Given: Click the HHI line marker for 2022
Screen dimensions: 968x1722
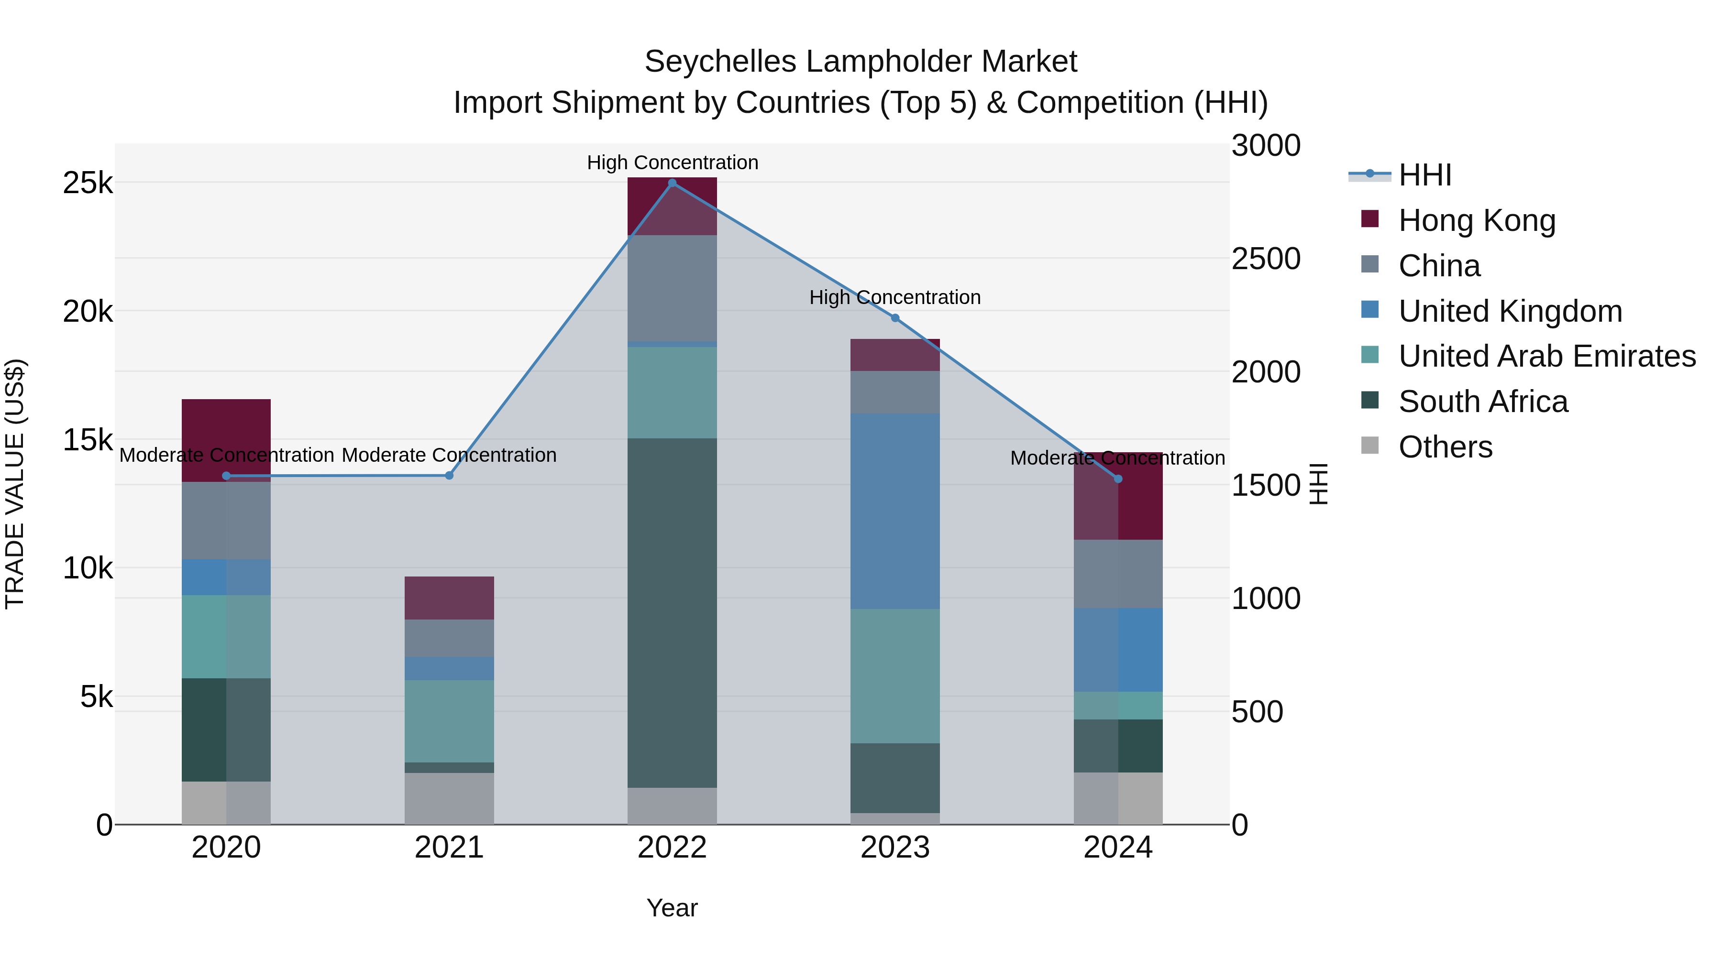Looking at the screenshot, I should coord(673,183).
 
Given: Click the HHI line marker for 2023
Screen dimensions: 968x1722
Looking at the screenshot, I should coord(895,318).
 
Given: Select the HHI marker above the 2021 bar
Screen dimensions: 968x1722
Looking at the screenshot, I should coord(449,476).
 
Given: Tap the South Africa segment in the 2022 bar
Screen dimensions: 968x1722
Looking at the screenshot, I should coord(673,613).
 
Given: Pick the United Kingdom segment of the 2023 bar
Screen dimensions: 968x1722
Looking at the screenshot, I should coord(895,511).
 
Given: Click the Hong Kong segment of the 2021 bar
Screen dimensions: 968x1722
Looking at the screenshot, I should coord(449,598).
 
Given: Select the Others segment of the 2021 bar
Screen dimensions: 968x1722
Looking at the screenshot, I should coord(449,798).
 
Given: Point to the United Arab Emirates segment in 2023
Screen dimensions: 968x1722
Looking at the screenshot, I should coord(895,675).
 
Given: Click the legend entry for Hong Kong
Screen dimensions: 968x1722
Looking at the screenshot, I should coord(1477,220).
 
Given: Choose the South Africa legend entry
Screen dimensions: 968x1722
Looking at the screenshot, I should coord(1483,402).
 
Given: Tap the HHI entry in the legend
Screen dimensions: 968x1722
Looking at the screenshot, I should coord(1424,175).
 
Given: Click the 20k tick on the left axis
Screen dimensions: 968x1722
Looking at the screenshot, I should coord(88,311).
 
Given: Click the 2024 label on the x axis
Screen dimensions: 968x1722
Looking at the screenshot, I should coord(1118,848).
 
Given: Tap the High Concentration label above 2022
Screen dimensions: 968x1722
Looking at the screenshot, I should coord(673,163).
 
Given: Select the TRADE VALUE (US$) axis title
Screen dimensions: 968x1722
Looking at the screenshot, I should coord(15,484).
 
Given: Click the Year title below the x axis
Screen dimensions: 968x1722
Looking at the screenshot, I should coord(672,908).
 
